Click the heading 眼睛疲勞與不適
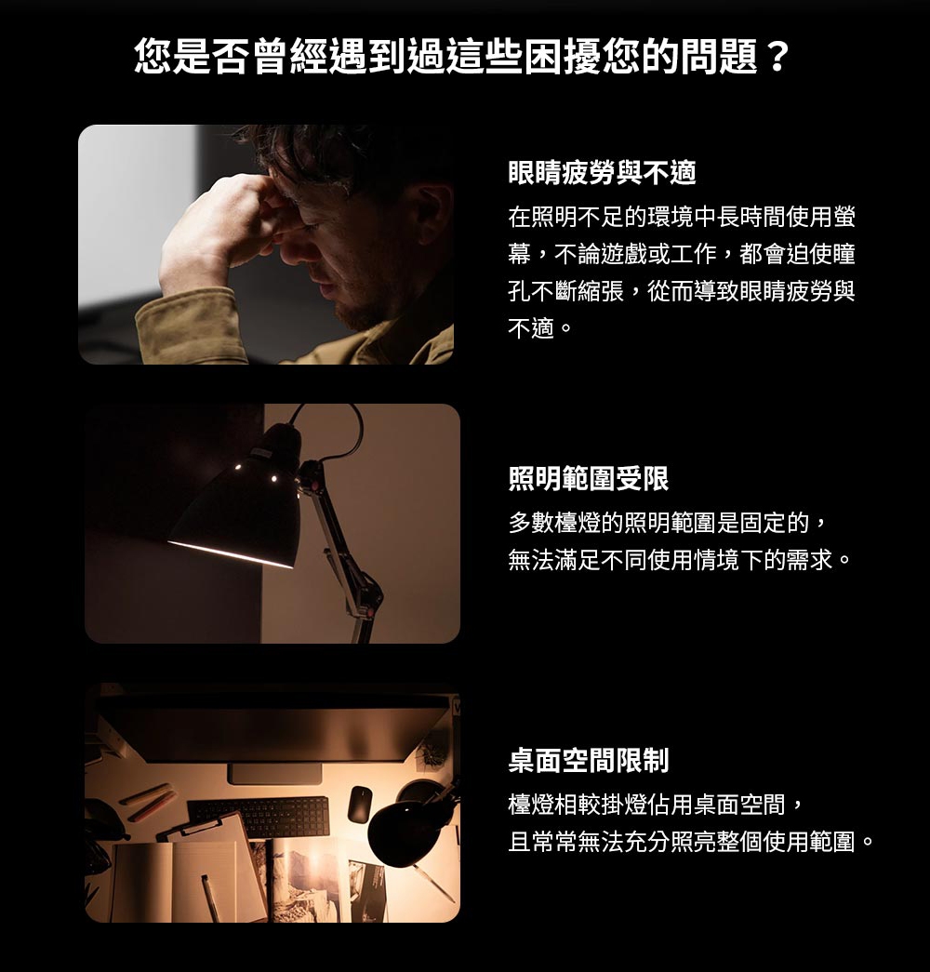click(x=602, y=172)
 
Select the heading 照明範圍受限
click(x=588, y=479)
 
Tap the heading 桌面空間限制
click(x=588, y=761)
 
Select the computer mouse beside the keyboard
click(x=360, y=805)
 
